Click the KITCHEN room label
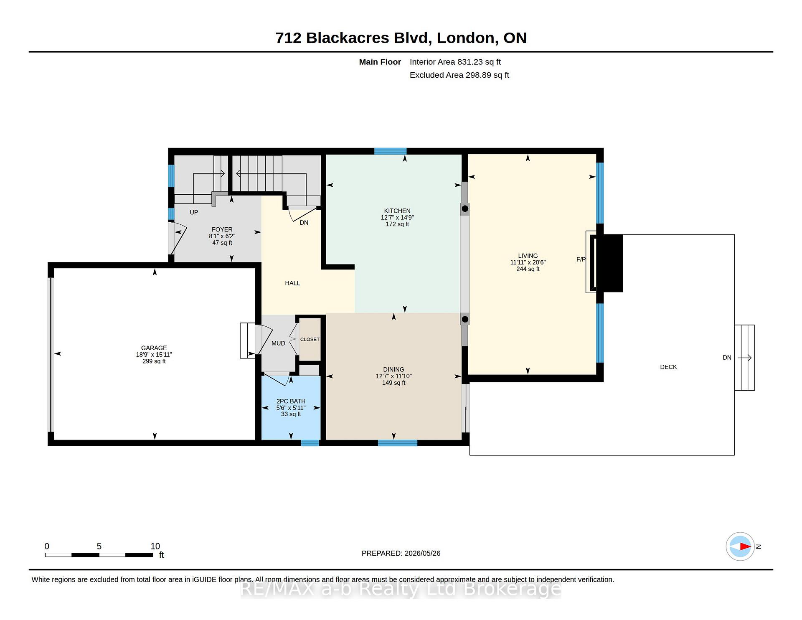point(397,211)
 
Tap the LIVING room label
point(528,256)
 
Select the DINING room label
point(393,369)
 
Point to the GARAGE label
point(154,348)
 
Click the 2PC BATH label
point(291,401)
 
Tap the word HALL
point(292,283)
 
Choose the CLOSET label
point(310,339)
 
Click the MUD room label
point(278,343)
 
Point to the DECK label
point(668,367)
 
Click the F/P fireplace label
point(581,259)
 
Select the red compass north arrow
point(745,546)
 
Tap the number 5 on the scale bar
point(99,546)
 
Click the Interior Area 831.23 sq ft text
point(455,62)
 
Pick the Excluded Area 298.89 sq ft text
point(459,75)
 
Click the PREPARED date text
point(401,553)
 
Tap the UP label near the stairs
point(194,212)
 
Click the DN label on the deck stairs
point(727,358)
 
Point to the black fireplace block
point(609,263)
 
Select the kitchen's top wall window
point(391,151)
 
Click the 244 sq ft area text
point(528,269)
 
